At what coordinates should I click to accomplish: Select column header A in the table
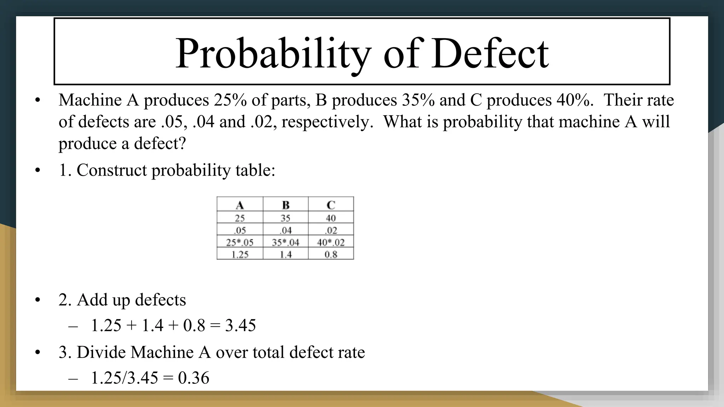click(240, 205)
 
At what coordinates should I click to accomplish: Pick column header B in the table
click(286, 205)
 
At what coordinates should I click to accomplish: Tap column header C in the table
click(331, 205)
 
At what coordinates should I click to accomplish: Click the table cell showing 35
click(286, 218)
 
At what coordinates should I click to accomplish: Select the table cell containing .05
click(240, 230)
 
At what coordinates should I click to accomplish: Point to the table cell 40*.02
click(331, 242)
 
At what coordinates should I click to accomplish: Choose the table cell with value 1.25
click(240, 254)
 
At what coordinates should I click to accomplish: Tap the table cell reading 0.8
click(331, 254)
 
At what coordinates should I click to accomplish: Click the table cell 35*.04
click(286, 242)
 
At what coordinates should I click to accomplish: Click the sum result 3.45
click(240, 325)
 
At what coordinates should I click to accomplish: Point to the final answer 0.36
click(193, 378)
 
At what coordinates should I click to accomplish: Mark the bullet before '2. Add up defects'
click(38, 300)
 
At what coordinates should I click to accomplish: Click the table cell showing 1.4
click(286, 254)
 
